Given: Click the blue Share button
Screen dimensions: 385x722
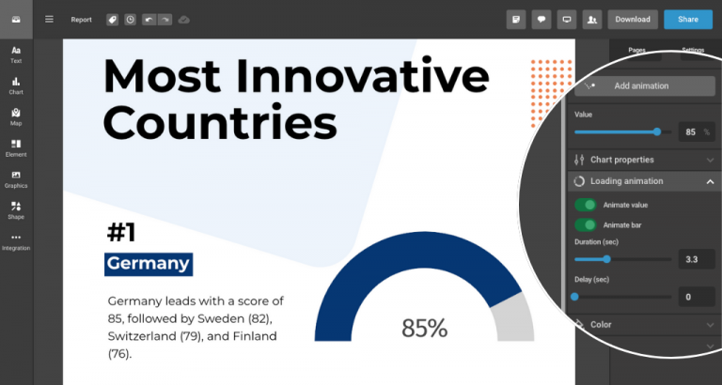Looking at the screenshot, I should [687, 19].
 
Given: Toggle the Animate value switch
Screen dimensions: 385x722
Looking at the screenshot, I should [586, 205].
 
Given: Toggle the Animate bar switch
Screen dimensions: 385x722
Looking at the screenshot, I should [586, 225].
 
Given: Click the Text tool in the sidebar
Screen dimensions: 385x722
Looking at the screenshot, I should [16, 54].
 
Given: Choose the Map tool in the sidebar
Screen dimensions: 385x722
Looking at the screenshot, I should [16, 116].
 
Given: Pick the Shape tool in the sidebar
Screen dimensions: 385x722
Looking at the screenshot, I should [16, 209].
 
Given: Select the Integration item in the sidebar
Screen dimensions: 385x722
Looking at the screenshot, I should [16, 241].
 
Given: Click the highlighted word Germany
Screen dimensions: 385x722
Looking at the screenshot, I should [149, 263].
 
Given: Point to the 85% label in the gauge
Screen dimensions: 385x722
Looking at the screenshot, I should [425, 328].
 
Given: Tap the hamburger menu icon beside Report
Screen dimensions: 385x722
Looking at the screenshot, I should [49, 19].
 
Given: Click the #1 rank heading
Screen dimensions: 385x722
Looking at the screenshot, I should [128, 232].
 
